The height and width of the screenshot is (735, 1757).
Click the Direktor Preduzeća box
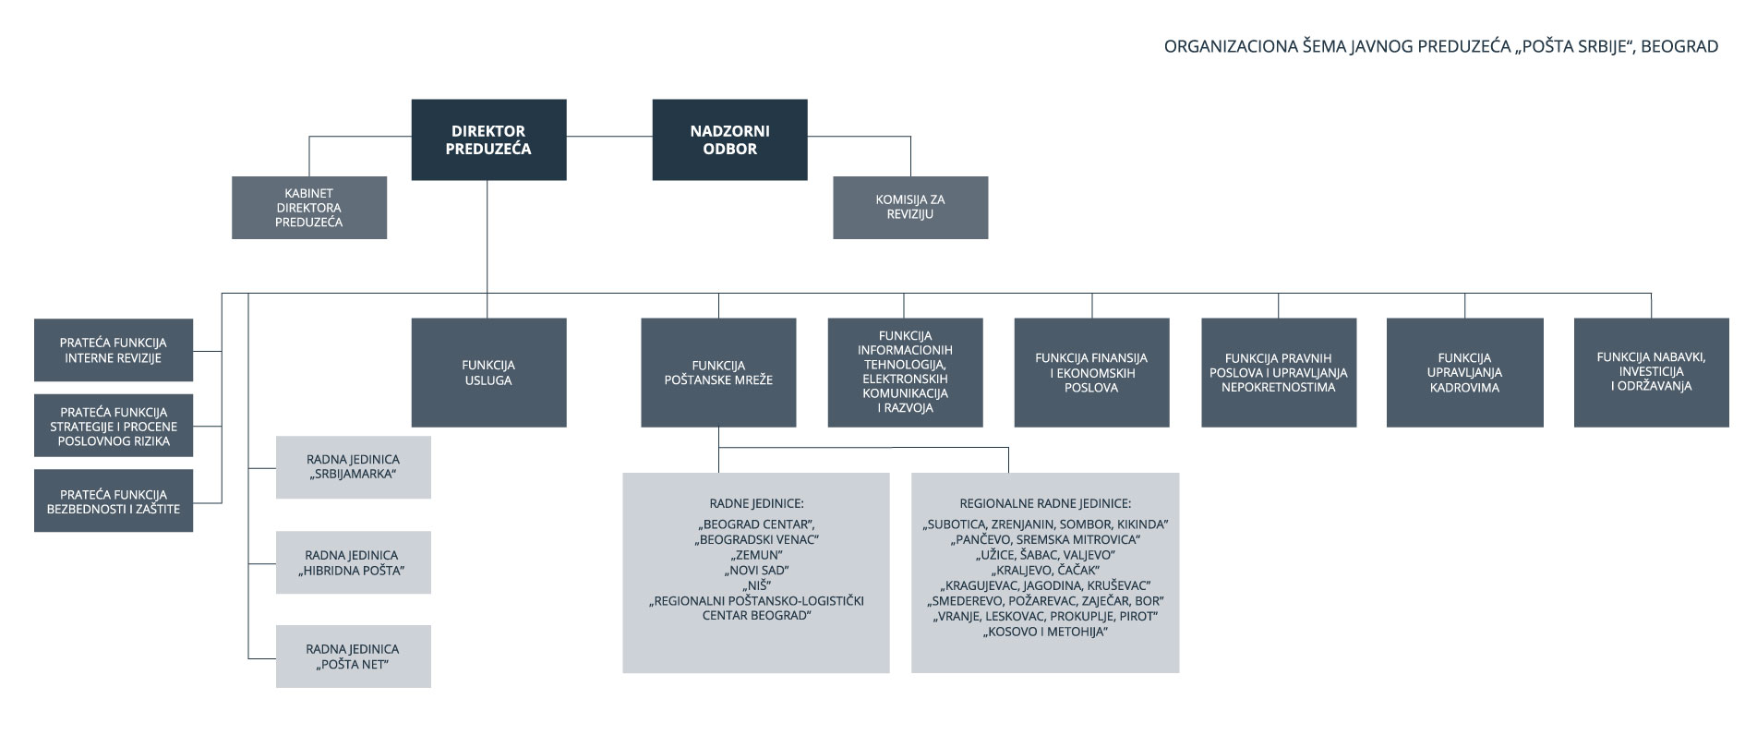[488, 139]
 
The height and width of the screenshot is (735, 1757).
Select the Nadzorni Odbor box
[729, 139]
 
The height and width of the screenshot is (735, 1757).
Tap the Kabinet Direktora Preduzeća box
[309, 208]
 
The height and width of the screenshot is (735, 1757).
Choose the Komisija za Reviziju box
[910, 208]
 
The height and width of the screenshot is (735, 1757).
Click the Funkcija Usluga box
[488, 373]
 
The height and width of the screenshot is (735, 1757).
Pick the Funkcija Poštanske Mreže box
[718, 373]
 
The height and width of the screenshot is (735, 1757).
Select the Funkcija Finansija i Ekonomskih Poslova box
[1091, 373]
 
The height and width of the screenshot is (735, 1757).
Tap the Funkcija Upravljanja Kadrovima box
[1465, 373]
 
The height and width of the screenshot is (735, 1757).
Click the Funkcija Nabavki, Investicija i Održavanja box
[1652, 373]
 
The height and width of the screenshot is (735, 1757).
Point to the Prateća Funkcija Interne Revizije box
[114, 350]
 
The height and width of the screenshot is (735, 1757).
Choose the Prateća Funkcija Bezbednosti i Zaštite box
[114, 500]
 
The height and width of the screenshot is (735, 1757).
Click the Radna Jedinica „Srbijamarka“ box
[354, 467]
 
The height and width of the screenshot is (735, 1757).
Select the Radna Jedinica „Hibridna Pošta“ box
[354, 562]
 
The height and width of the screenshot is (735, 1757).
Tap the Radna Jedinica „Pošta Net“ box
[354, 657]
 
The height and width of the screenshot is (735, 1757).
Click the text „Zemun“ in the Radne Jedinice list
[756, 555]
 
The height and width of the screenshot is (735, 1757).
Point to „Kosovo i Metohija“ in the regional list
[1045, 632]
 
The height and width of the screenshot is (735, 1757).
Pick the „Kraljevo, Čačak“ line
[1045, 571]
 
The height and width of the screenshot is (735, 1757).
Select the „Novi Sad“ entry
[756, 571]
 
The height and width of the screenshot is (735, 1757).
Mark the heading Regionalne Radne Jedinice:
[1045, 504]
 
